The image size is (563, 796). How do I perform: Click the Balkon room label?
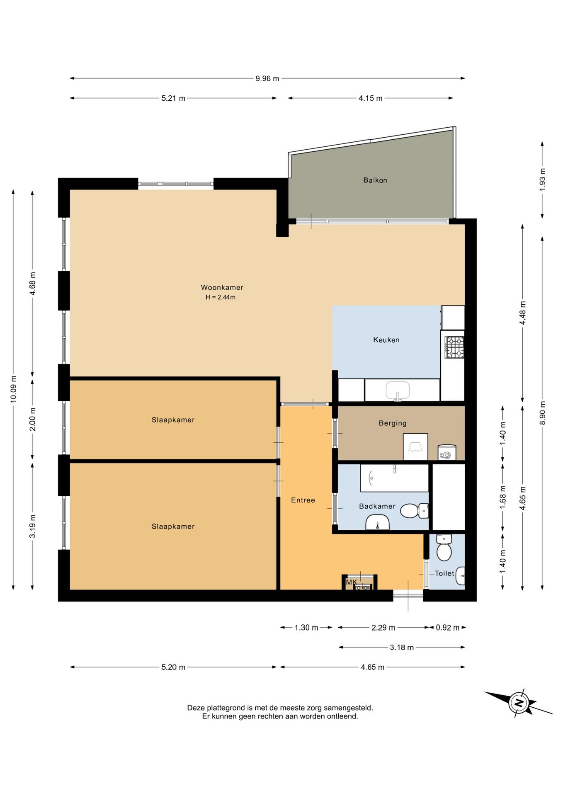pyautogui.click(x=375, y=180)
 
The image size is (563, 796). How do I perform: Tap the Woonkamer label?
pyautogui.click(x=222, y=287)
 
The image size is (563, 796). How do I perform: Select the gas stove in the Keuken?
pyautogui.click(x=454, y=347)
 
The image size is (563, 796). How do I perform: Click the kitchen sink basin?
pyautogui.click(x=398, y=390)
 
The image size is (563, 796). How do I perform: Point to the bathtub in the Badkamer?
pyautogui.click(x=394, y=478)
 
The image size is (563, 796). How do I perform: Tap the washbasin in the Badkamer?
pyautogui.click(x=377, y=522)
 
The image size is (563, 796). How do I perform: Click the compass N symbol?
pyautogui.click(x=519, y=703)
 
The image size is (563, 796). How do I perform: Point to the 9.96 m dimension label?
pyautogui.click(x=267, y=78)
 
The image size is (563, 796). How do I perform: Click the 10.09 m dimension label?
pyautogui.click(x=14, y=389)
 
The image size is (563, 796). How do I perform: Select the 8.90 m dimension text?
pyautogui.click(x=543, y=413)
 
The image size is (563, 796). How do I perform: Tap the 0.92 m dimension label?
pyautogui.click(x=448, y=628)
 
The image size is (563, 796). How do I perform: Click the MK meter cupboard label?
pyautogui.click(x=351, y=582)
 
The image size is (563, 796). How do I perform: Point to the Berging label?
pyautogui.click(x=393, y=423)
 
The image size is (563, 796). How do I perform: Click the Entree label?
pyautogui.click(x=303, y=500)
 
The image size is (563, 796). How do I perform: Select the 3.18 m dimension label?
pyautogui.click(x=402, y=648)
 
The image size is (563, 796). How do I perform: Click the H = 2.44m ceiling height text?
pyautogui.click(x=221, y=297)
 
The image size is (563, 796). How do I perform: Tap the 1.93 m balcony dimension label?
pyautogui.click(x=543, y=180)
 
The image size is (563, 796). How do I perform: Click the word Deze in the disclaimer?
pyautogui.click(x=196, y=708)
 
